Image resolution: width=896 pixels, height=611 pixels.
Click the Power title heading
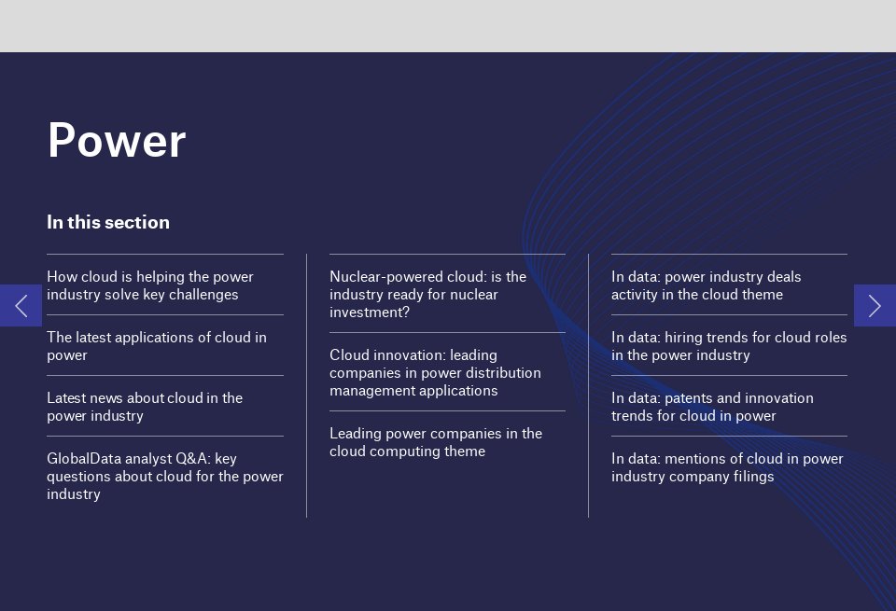click(117, 141)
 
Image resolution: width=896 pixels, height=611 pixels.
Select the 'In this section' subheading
click(108, 222)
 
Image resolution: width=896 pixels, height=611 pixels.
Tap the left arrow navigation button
click(21, 305)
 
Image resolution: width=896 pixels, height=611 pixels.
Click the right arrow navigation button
click(875, 305)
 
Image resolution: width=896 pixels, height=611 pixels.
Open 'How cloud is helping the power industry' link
click(150, 285)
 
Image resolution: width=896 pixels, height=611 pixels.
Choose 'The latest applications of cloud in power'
click(157, 346)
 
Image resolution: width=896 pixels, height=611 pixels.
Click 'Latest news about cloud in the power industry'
click(145, 407)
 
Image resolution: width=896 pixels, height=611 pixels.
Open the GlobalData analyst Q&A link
click(164, 476)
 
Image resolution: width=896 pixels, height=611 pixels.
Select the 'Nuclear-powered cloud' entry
click(427, 294)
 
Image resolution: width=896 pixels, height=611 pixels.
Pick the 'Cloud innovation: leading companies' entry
click(435, 372)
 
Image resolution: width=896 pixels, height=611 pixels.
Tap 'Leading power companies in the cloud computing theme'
click(435, 442)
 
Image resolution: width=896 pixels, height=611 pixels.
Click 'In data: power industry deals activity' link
click(707, 285)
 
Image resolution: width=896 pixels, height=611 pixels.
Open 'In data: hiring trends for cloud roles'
click(729, 346)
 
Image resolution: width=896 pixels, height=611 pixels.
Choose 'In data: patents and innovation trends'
click(712, 407)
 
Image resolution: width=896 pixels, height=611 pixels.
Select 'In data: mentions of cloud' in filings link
click(727, 467)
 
